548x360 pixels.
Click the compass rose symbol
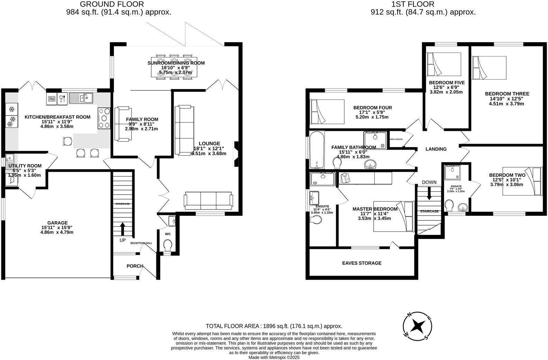tap(418, 326)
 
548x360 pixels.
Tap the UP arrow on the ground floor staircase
tap(122, 229)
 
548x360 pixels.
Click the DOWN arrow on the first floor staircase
tap(429, 193)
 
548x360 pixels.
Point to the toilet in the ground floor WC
tap(168, 246)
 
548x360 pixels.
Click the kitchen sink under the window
tap(81, 98)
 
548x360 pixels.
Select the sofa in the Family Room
tap(118, 124)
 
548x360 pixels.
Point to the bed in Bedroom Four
tap(327, 111)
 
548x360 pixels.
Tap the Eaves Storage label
tap(362, 263)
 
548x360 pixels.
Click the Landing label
tap(436, 149)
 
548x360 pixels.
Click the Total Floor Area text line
tap(274, 326)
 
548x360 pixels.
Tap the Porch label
tap(135, 266)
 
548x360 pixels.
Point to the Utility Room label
tap(25, 166)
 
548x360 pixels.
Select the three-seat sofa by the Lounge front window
tap(208, 201)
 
